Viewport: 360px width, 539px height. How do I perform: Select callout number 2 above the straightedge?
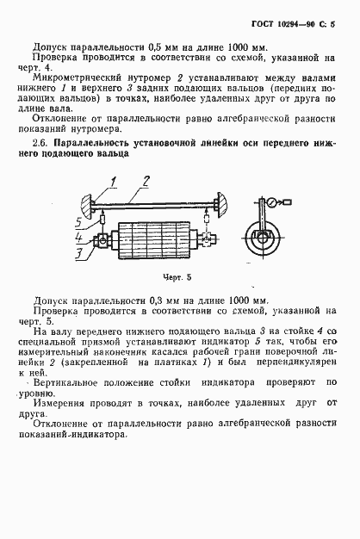pos(146,181)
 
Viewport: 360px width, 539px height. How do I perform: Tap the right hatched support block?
pos(221,203)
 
